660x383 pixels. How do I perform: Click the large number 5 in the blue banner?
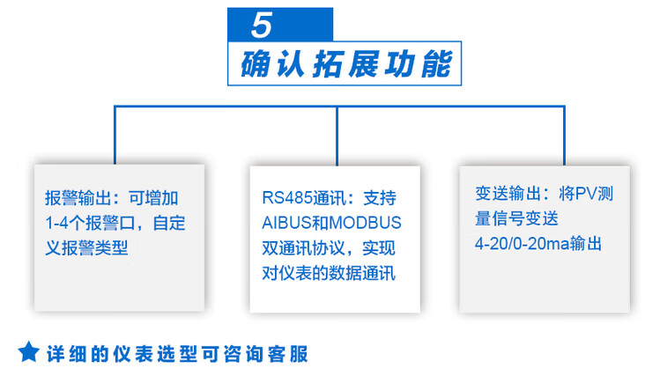coord(262,25)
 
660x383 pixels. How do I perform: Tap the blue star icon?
coord(29,352)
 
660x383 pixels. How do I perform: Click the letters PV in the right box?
coord(585,194)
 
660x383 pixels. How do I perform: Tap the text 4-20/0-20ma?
coord(522,244)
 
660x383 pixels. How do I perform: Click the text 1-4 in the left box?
coord(56,223)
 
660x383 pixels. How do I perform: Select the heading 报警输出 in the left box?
coord(78,198)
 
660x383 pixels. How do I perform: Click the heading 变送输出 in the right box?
coord(508,194)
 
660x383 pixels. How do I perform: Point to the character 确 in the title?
coord(256,64)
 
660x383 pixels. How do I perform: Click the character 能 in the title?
coord(437,64)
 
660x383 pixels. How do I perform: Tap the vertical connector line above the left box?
coord(115,135)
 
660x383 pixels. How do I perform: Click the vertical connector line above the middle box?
coord(337,136)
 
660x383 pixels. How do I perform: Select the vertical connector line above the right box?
coord(564,136)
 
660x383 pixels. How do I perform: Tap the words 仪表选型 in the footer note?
coord(155,354)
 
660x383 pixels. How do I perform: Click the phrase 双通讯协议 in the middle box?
coord(303,248)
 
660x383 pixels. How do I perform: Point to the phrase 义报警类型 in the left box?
coord(86,248)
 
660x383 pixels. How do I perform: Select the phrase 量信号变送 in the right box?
coord(516,219)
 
